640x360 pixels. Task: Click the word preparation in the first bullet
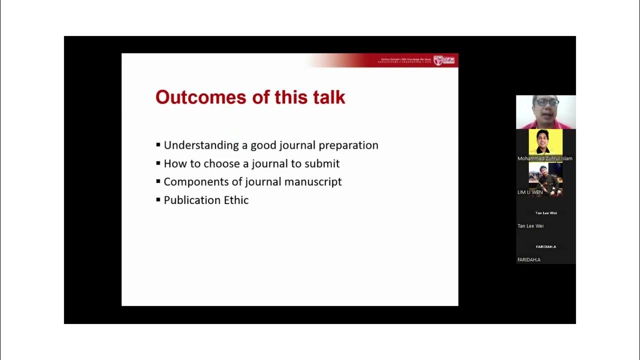(x=348, y=145)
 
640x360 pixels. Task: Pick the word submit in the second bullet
(x=322, y=164)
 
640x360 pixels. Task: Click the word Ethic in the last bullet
(x=236, y=200)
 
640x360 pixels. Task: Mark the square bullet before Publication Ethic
(x=158, y=200)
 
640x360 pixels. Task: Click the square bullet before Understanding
(x=158, y=145)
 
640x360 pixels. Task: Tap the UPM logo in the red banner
(x=444, y=60)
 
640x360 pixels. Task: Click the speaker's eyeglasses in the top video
(x=546, y=102)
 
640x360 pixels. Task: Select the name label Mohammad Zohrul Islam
(x=544, y=158)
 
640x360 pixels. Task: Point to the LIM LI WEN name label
(x=530, y=192)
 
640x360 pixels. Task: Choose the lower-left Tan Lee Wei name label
(x=530, y=226)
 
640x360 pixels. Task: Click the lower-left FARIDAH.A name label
(x=529, y=259)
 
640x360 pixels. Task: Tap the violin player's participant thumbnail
(x=545, y=178)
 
